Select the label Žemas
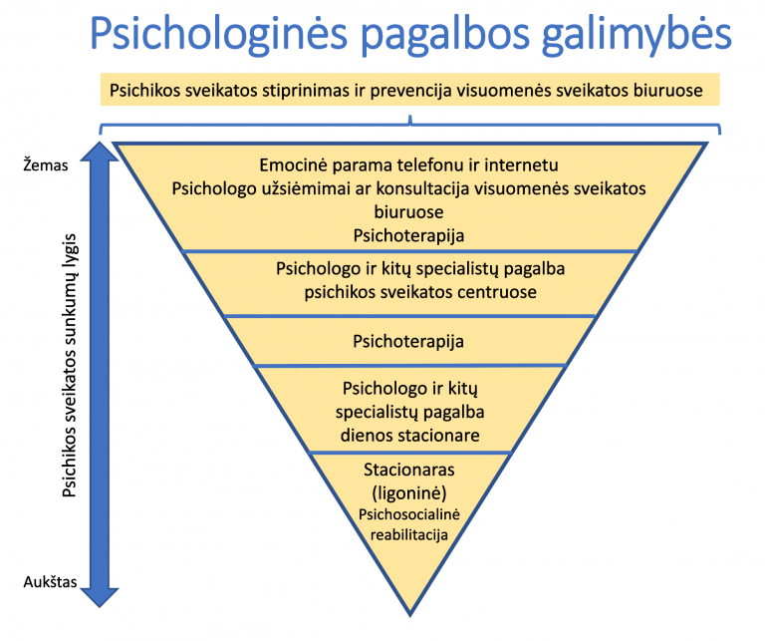45,165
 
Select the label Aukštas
49,582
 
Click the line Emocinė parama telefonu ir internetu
409,164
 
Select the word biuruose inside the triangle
408,212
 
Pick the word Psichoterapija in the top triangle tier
408,235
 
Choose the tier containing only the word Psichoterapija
408,342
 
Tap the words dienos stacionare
408,435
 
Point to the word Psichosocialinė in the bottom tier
408,514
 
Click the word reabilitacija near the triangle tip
408,534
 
